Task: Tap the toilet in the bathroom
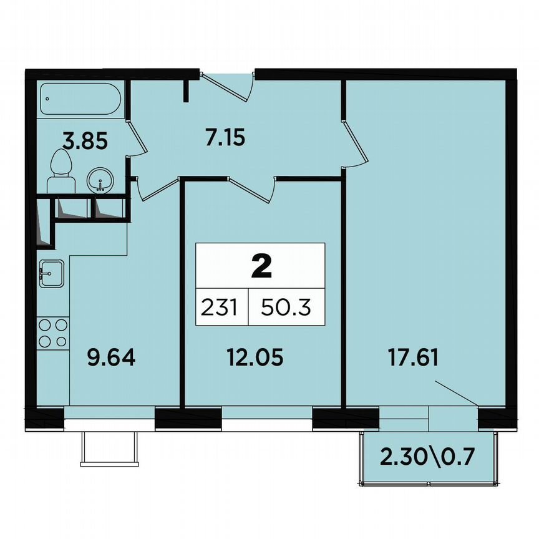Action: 61,172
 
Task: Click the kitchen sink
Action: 51,273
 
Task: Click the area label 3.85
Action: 86,141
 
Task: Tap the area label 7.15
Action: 225,137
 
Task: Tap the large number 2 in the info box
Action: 261,266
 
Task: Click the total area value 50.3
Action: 286,308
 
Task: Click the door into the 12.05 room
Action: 253,188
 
